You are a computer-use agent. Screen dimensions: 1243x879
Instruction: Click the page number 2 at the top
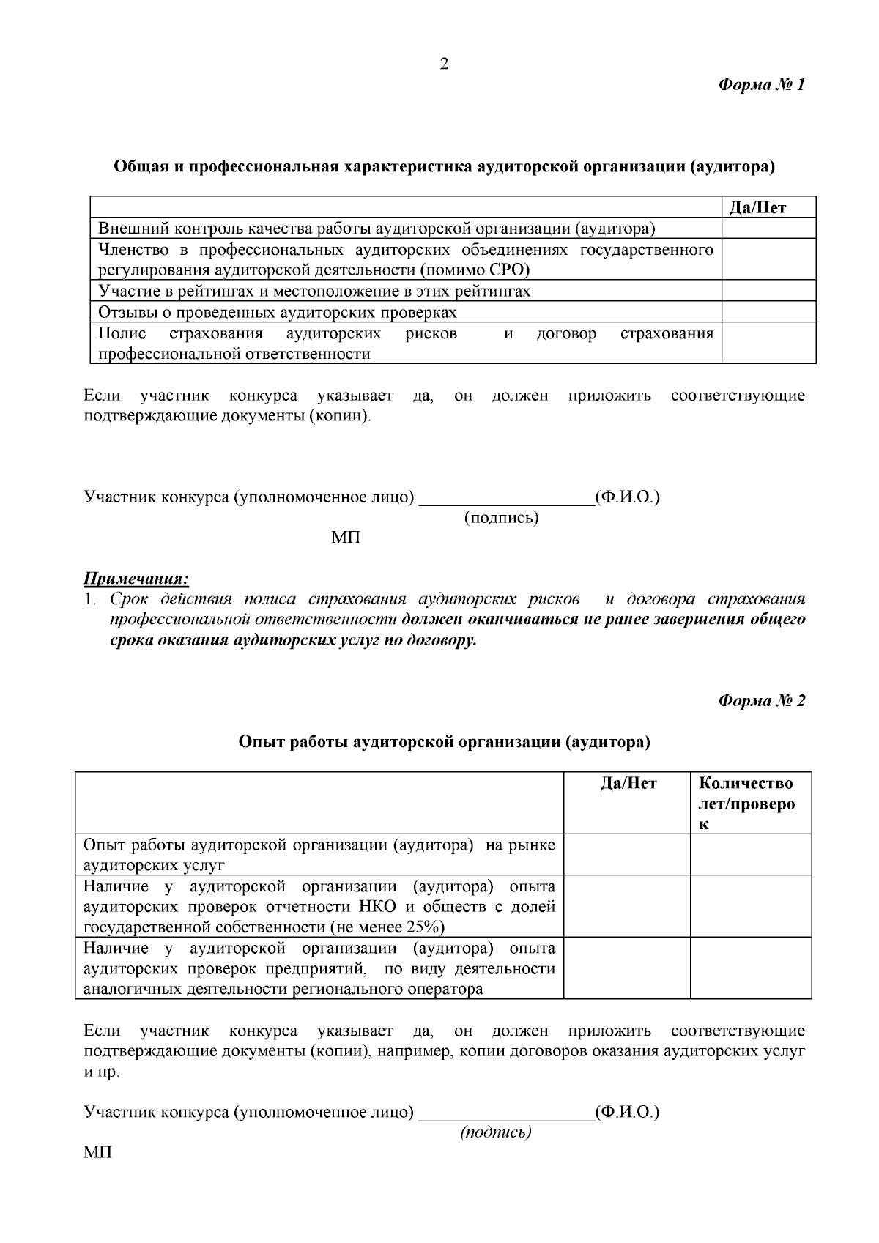click(443, 64)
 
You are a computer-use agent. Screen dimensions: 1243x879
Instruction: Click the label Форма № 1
click(761, 85)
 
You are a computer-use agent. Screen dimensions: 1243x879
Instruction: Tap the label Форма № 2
click(761, 700)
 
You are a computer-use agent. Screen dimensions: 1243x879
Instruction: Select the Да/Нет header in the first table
click(758, 207)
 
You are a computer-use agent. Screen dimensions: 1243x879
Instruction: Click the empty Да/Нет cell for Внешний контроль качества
click(768, 229)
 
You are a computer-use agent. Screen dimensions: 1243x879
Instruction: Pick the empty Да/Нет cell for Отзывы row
click(768, 312)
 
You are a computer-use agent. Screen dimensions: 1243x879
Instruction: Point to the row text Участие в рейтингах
click(314, 291)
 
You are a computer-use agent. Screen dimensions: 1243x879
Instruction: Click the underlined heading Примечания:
click(136, 579)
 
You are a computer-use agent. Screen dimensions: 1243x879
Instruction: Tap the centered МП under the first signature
click(346, 538)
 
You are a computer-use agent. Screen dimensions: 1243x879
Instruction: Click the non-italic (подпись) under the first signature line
click(501, 518)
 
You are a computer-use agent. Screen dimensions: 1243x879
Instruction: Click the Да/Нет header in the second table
click(628, 783)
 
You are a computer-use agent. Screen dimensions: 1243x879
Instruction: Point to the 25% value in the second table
click(424, 927)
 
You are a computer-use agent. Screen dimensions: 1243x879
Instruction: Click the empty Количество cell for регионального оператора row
click(750, 968)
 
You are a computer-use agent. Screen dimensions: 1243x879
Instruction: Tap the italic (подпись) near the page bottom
click(495, 1132)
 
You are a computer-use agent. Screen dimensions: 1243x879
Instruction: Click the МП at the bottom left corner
click(98, 1152)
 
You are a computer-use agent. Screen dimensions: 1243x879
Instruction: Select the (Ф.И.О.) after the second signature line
click(627, 1112)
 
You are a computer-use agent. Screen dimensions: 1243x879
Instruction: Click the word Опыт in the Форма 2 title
click(256, 742)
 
